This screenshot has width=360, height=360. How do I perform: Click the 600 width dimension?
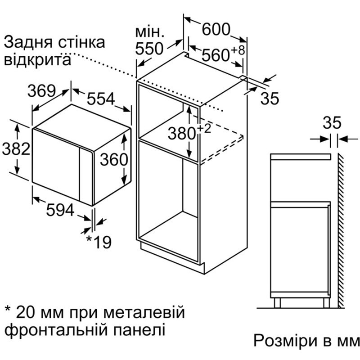pos(216,29)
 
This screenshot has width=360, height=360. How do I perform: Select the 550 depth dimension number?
pos(149,49)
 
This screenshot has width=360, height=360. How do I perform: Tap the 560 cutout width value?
pos(216,55)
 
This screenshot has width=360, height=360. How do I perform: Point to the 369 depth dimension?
pos(41,91)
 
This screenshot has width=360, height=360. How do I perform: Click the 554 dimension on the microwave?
pos(101,99)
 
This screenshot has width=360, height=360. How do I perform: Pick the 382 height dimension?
pos(16,148)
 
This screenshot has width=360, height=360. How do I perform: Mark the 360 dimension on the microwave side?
pos(114,159)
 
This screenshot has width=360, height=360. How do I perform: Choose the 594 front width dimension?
pos(60,210)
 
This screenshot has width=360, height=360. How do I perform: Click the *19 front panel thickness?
pos(99,242)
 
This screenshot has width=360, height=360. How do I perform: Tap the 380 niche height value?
pos(182,134)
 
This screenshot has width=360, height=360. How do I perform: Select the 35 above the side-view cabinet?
pos(332,122)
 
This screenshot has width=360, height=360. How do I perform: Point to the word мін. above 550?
pos(150,32)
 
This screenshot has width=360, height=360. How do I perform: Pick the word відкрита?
pos(37,60)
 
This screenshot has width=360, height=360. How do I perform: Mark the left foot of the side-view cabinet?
pos(277,303)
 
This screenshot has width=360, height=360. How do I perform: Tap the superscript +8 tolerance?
pos(238,50)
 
